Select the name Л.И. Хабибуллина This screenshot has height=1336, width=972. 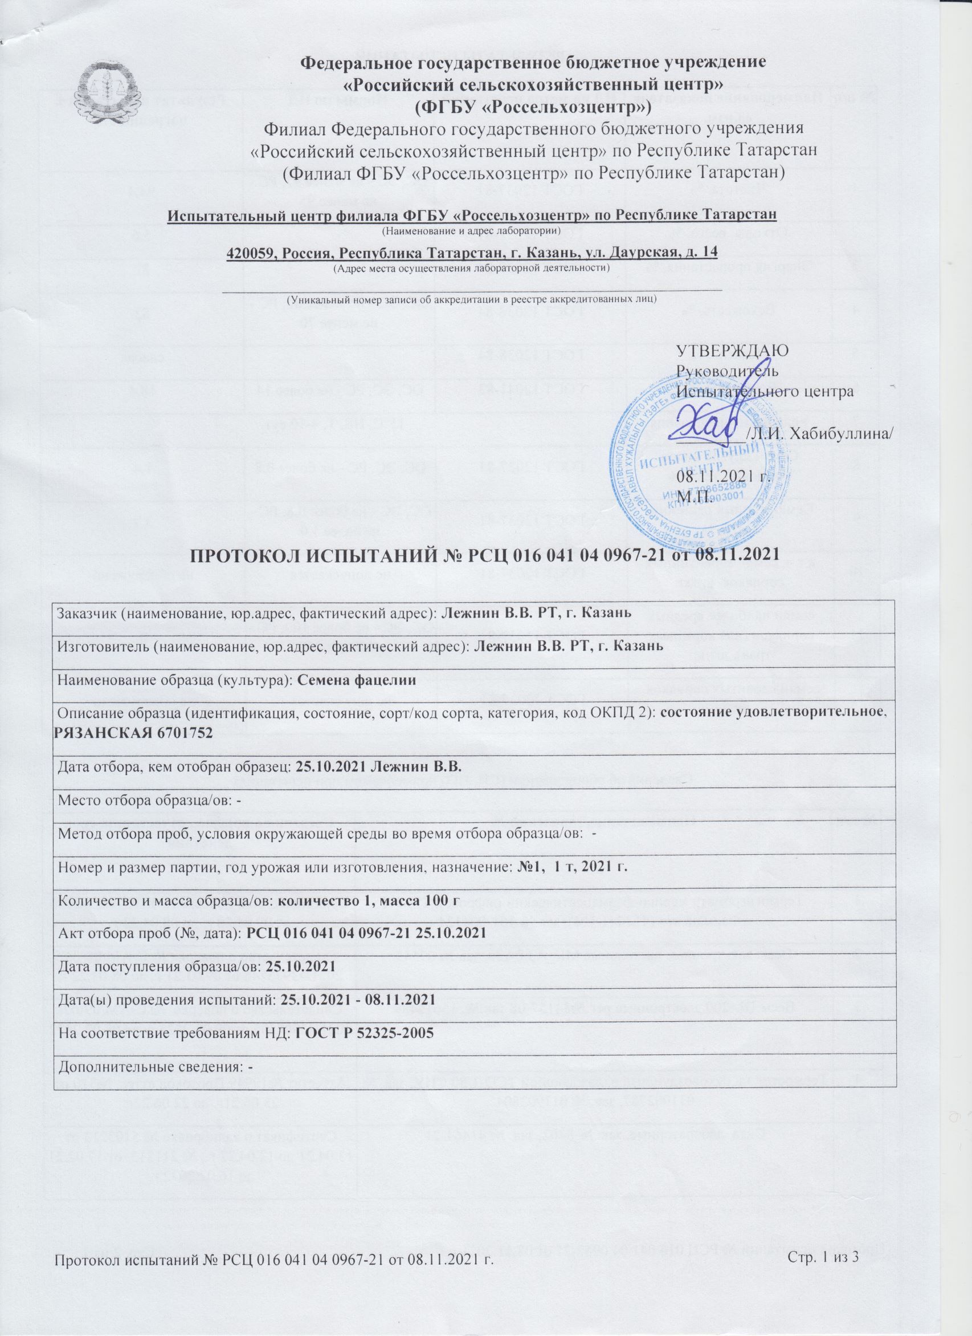click(x=818, y=434)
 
